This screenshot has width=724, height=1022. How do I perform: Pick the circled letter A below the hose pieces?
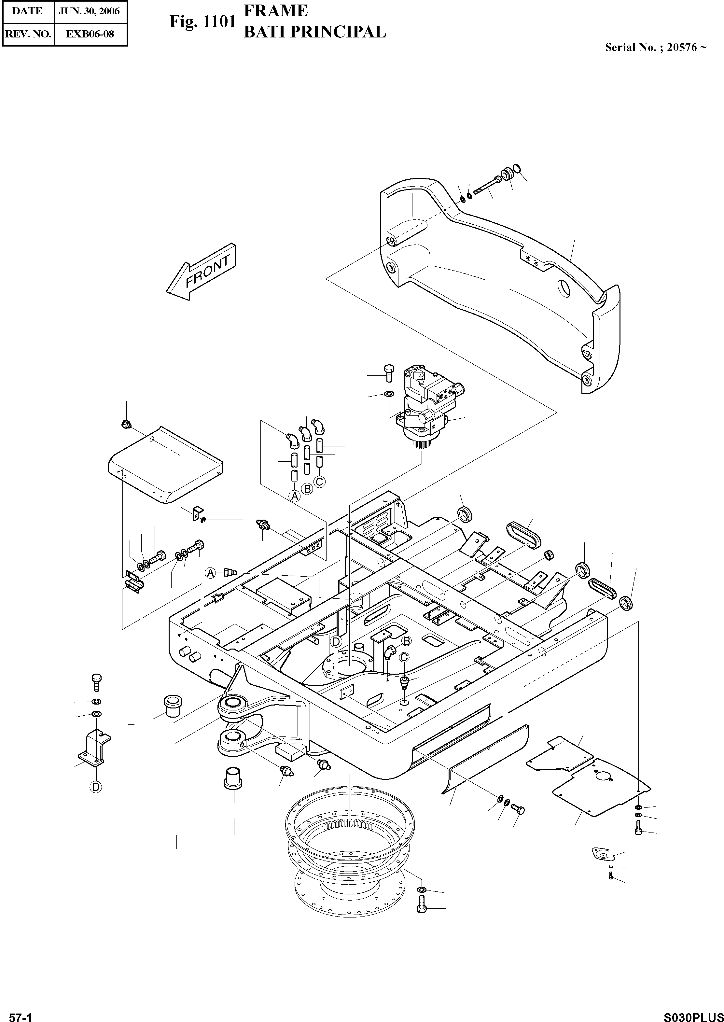point(294,496)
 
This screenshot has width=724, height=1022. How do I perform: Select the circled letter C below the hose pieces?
point(320,482)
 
